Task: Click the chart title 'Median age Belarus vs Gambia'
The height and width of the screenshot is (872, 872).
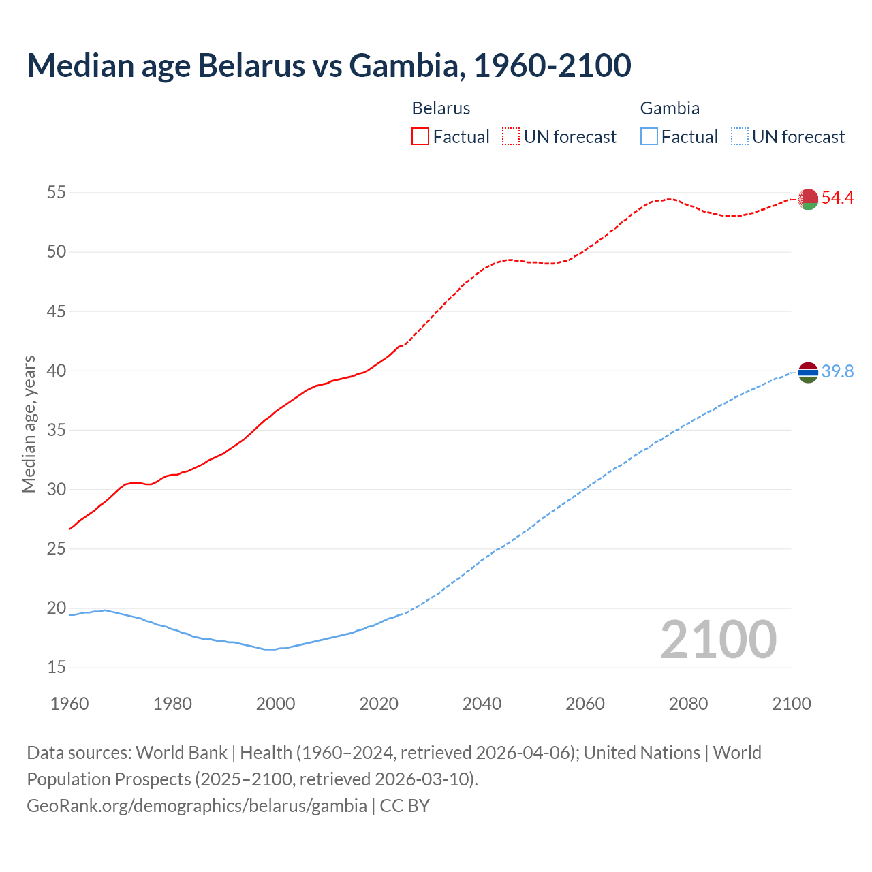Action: (x=328, y=65)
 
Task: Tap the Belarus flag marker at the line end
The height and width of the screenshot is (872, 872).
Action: (x=808, y=199)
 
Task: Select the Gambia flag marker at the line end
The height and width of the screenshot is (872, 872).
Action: (x=808, y=372)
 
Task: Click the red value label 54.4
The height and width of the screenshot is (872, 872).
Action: (x=837, y=198)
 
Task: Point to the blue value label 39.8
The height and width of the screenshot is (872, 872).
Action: (x=837, y=371)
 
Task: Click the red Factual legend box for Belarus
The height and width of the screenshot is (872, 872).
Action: (x=420, y=137)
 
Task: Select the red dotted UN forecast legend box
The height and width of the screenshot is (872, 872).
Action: (x=511, y=137)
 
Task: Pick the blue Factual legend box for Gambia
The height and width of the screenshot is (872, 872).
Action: (x=649, y=137)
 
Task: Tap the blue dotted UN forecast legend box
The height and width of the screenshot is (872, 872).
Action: (x=739, y=137)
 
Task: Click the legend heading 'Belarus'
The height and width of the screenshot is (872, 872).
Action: (x=441, y=108)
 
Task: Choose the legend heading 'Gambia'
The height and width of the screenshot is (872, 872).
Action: (x=670, y=108)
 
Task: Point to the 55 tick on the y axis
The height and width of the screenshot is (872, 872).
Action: (x=56, y=193)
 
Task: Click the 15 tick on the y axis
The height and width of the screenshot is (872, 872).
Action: (x=56, y=668)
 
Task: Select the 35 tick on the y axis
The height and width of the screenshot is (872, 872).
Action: (x=56, y=431)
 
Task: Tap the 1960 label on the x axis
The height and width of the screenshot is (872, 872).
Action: (x=69, y=704)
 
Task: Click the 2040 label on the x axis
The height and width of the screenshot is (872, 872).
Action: (x=482, y=704)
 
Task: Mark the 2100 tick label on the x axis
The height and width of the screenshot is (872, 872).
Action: (x=792, y=704)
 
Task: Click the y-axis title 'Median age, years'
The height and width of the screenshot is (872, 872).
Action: (x=29, y=424)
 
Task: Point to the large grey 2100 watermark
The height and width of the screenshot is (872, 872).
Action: (x=718, y=640)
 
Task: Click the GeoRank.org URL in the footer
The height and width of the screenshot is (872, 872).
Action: (x=197, y=806)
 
